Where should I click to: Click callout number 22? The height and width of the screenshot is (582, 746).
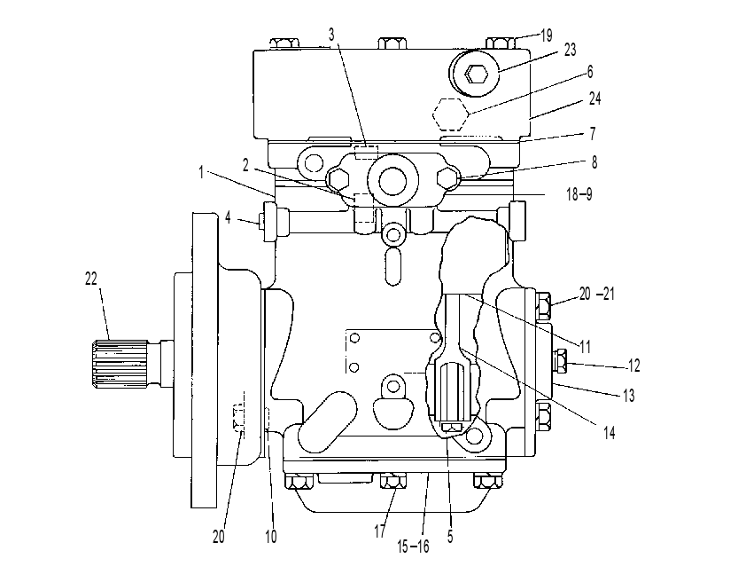tap(91, 279)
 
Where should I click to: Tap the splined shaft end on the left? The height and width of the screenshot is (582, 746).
tap(120, 363)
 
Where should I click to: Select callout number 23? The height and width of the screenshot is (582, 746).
tap(570, 50)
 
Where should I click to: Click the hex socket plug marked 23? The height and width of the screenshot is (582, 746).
tap(475, 74)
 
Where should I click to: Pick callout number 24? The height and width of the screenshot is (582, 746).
tap(594, 98)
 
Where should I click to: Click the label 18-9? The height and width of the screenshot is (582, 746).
tap(579, 194)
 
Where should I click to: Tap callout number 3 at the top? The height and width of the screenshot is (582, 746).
tap(331, 35)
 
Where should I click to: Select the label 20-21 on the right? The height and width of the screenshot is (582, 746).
tap(596, 294)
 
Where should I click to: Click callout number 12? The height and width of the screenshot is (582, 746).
tap(633, 366)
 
